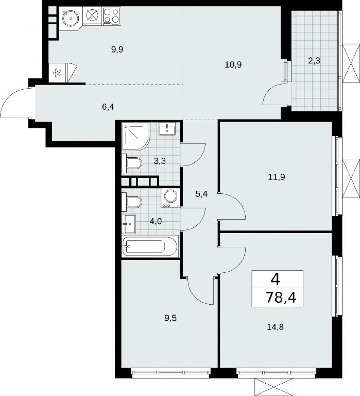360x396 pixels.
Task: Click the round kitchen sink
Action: point(71,18)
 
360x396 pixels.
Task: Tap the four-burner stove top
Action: point(111,16)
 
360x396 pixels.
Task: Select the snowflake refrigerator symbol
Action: point(57,73)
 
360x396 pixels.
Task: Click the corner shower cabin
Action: point(136,137)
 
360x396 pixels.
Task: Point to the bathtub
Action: point(150,246)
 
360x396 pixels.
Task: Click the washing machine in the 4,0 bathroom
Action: point(170,197)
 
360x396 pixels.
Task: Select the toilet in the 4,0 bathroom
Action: point(132,202)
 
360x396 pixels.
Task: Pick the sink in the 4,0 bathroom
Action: point(129,224)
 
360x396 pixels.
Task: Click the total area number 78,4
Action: point(281,298)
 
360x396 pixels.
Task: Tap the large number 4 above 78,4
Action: point(276,279)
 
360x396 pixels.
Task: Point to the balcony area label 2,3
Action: point(314,61)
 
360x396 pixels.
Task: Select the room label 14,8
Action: point(275,327)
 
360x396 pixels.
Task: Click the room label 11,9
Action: point(277,177)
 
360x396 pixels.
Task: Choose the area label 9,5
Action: point(170,318)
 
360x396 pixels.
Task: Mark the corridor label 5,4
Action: point(201,194)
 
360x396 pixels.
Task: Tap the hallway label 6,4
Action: point(108,107)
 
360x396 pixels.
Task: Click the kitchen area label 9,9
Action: point(117,49)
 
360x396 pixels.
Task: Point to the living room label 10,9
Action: point(233,65)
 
